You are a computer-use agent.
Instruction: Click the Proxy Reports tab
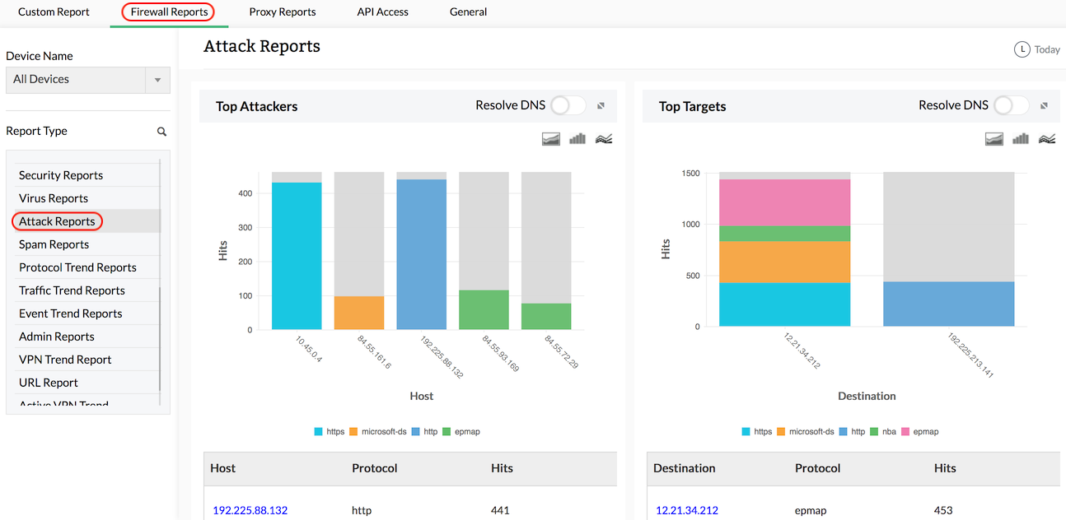click(282, 12)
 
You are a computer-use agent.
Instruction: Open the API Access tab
click(382, 12)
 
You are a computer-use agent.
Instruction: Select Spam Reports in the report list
click(54, 244)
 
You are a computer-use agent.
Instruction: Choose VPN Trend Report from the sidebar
click(65, 360)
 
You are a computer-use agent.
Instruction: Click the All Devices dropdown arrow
click(157, 80)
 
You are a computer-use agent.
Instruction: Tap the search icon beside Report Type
click(162, 132)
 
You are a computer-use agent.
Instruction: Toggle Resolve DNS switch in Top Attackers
click(568, 105)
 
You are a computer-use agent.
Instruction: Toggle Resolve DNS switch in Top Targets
click(1012, 105)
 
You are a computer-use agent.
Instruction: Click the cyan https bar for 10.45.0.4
click(297, 256)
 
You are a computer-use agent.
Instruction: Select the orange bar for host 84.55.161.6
click(359, 313)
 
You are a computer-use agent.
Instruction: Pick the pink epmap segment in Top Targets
click(784, 202)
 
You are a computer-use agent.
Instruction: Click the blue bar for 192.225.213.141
click(948, 304)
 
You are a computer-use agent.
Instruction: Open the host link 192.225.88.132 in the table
click(250, 510)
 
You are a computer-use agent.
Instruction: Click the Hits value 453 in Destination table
click(943, 510)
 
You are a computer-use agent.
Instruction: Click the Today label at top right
click(1046, 49)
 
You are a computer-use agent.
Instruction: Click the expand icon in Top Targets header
click(1044, 106)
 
